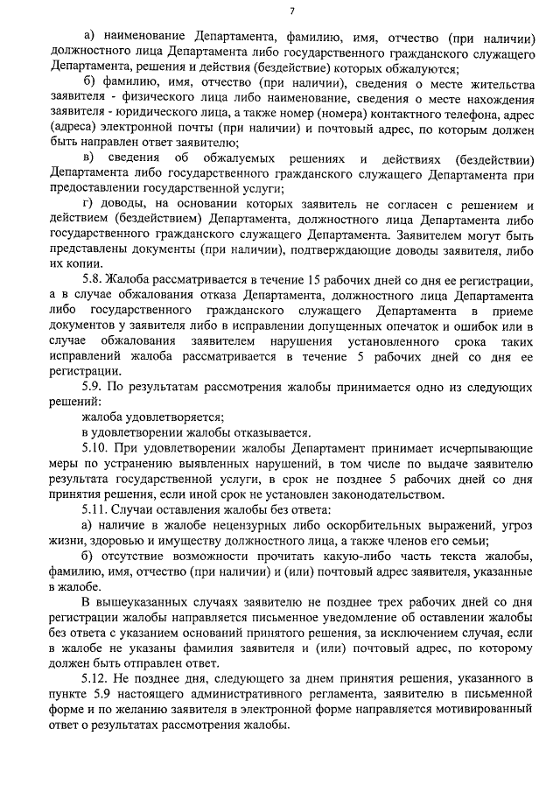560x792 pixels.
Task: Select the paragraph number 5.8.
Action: [x=91, y=280]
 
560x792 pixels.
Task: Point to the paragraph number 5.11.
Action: [x=94, y=509]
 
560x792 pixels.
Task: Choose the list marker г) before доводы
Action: [x=87, y=205]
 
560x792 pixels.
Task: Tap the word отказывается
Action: [x=268, y=432]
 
